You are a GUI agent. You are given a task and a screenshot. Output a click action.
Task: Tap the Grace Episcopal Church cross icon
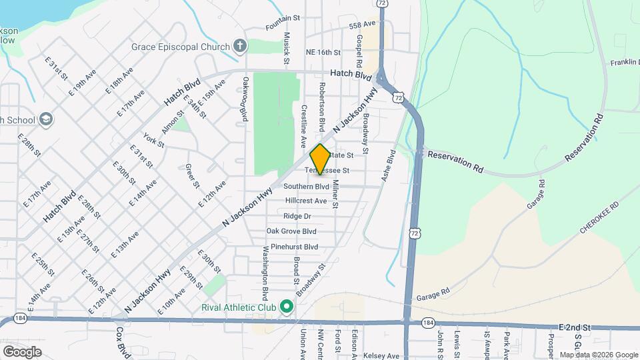coord(240,46)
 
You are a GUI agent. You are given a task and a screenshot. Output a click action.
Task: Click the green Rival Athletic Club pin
coord(287,307)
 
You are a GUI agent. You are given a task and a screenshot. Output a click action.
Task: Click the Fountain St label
coord(279,27)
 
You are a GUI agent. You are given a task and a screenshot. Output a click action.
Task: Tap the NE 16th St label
coord(323,52)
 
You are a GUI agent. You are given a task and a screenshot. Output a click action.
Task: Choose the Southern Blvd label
coord(306,187)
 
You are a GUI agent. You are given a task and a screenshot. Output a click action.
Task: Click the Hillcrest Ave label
coord(306,201)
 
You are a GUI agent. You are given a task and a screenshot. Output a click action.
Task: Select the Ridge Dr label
coord(297,216)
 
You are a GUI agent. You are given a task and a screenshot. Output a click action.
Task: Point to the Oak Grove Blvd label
coord(291,231)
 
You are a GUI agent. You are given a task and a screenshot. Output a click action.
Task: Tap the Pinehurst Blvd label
coord(290,247)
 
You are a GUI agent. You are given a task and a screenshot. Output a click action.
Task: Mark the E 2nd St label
coord(574,328)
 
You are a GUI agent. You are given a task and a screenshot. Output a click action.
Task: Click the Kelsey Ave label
coord(384,356)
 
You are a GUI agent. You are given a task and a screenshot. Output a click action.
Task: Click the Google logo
coord(22,351)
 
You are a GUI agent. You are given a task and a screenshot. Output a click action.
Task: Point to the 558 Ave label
coord(363,24)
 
